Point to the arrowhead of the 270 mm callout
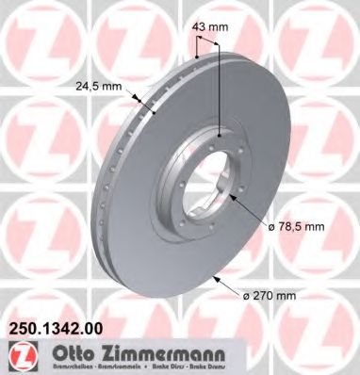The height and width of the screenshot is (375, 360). coord(217,276)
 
